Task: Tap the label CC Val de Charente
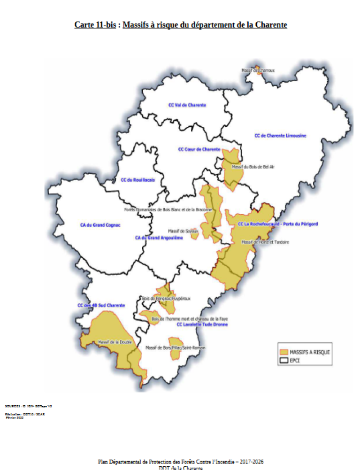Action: pos(187,105)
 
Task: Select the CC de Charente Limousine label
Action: pos(280,136)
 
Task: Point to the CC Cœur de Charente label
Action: pos(199,149)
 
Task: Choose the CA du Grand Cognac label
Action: pos(100,225)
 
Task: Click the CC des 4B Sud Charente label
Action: pos(101,306)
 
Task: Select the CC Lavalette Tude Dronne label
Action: pos(202,325)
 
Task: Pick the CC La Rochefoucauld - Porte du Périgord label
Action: pos(277,224)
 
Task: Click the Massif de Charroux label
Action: pos(258,70)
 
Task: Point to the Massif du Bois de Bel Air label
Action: pos(253,167)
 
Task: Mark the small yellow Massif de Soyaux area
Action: pos(194,235)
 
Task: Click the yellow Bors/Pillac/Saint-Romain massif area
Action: pos(175,348)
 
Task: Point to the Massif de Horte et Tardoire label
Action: pos(265,242)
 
